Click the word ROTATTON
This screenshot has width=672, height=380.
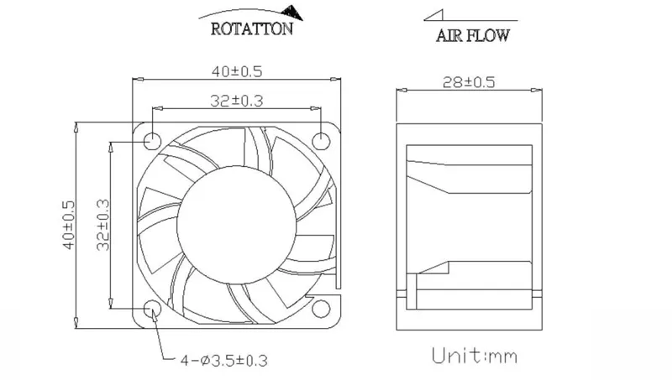pyautogui.click(x=252, y=29)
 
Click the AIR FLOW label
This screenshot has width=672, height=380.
pyautogui.click(x=473, y=35)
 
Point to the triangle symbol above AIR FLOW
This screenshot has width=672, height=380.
pyautogui.click(x=433, y=15)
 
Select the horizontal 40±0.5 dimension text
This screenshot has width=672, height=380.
pyautogui.click(x=237, y=71)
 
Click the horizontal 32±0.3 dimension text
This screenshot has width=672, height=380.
pyautogui.click(x=237, y=101)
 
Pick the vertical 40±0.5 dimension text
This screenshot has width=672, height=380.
pyautogui.click(x=69, y=225)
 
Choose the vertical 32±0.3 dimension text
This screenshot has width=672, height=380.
pyautogui.click(x=102, y=225)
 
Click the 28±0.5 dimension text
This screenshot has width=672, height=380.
pyautogui.click(x=469, y=82)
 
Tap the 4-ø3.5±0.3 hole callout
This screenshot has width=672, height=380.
pyautogui.click(x=223, y=361)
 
